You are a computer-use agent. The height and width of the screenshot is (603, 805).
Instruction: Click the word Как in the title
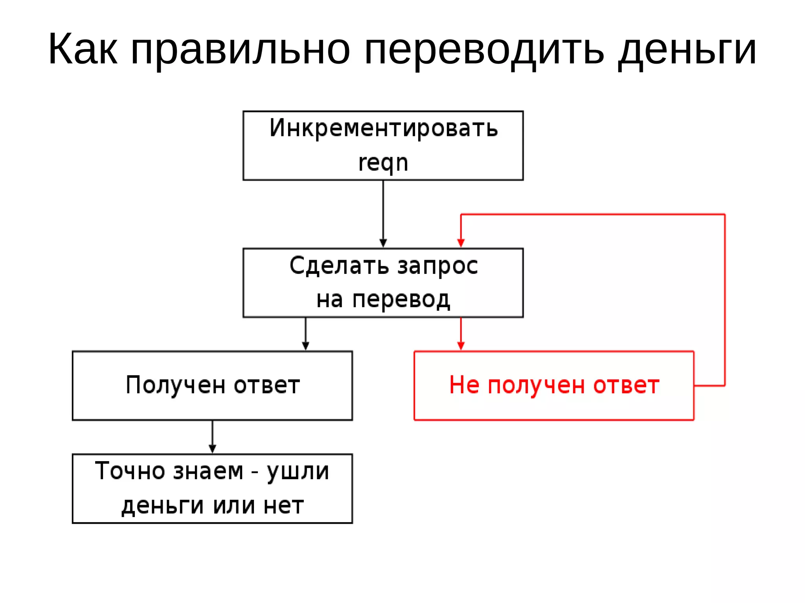click(x=83, y=49)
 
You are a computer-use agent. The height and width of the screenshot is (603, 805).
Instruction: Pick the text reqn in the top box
click(x=383, y=163)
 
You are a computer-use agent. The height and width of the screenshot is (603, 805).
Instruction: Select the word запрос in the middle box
click(x=437, y=266)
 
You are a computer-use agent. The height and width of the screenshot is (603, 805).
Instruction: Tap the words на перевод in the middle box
click(x=383, y=300)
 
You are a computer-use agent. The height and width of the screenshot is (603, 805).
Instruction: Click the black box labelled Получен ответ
click(x=212, y=405)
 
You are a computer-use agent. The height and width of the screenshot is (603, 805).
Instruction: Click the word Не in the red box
click(x=464, y=385)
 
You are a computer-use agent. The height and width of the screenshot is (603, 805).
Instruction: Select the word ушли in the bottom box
click(x=298, y=471)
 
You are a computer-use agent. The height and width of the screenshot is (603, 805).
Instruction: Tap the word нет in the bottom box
click(x=283, y=506)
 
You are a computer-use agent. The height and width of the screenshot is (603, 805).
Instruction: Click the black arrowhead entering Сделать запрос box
click(x=383, y=243)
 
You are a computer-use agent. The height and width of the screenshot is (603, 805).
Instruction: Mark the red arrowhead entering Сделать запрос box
click(x=461, y=243)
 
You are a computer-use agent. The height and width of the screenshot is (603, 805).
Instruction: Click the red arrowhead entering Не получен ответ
click(x=461, y=346)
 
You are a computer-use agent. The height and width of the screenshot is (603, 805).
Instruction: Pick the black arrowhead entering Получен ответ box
click(x=305, y=346)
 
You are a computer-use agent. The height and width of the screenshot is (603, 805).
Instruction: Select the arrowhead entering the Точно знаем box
click(x=212, y=449)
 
